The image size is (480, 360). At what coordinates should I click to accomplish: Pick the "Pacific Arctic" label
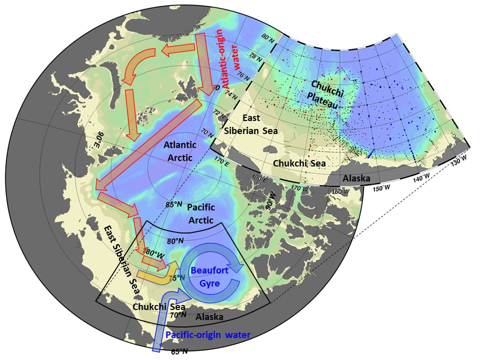200,213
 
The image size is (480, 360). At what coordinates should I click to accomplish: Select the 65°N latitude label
179,351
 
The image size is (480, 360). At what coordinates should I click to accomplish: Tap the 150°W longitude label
380,187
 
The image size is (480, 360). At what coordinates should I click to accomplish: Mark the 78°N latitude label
256,57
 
